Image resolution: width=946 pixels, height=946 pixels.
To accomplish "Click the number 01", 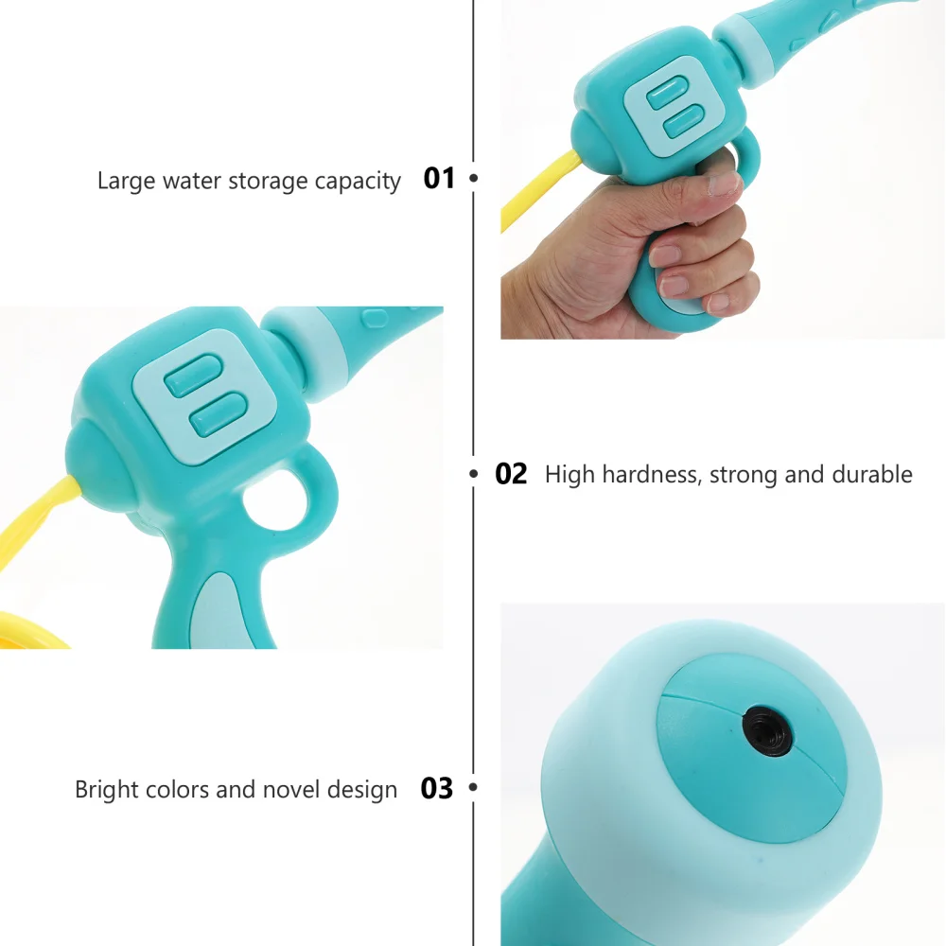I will coord(439,178).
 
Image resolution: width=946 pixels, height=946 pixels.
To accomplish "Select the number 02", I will coord(511,474).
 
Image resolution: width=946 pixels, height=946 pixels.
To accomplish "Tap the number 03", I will coord(437,788).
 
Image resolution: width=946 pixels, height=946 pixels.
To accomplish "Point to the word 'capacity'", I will coord(359,182).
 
